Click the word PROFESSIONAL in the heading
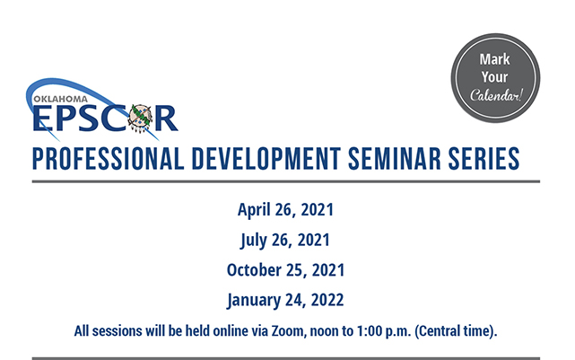point(109,159)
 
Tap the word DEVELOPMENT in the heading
point(266,159)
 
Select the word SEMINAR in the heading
point(394,159)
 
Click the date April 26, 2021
point(285,210)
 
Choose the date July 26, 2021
point(285,240)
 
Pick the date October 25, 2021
point(285,270)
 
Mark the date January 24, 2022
point(285,300)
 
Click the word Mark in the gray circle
point(494,59)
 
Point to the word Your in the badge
point(494,77)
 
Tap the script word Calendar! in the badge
point(496,95)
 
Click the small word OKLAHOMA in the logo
point(60,99)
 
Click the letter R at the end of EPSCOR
point(166,119)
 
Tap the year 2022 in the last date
point(327,300)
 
